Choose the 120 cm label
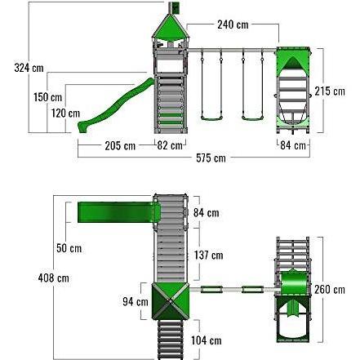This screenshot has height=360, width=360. coord(69,113)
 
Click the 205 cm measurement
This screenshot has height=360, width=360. coord(120,146)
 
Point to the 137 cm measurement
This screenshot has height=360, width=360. coord(210,255)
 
